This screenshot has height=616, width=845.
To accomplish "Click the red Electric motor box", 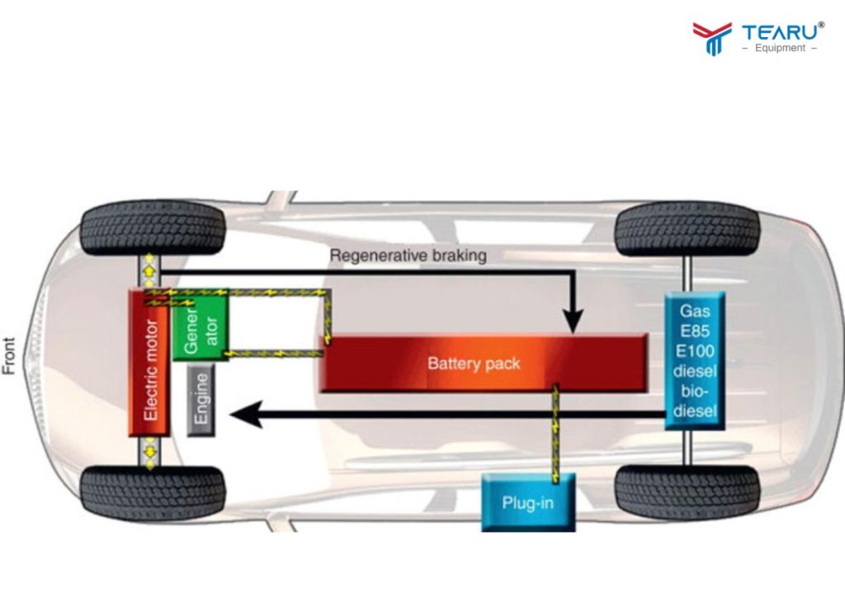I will [149, 363].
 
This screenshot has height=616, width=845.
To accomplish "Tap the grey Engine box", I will [201, 401].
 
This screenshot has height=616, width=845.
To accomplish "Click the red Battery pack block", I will [483, 363].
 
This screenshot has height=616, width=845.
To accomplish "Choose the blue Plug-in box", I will [527, 502].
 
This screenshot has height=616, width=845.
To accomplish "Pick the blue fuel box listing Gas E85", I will [695, 360].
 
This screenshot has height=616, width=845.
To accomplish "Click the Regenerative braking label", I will [408, 256].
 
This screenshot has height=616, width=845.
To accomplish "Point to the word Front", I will [10, 355].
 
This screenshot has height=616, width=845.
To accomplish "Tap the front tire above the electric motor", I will [153, 228].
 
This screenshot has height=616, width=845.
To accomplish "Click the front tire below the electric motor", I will [153, 493].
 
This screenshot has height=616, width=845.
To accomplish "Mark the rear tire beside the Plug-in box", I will [687, 492].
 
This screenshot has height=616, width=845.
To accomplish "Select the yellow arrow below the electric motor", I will [149, 453].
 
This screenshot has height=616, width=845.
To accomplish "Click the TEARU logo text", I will [781, 32].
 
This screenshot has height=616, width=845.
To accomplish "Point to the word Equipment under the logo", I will [780, 49].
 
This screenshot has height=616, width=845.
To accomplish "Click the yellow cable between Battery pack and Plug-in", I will [555, 433].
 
